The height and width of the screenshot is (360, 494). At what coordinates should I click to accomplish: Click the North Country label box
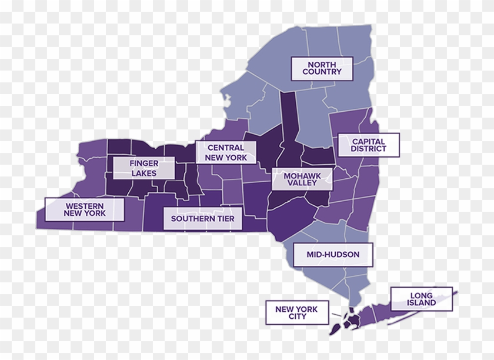[x=322, y=68]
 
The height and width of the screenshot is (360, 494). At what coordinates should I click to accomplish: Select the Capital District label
[x=369, y=145]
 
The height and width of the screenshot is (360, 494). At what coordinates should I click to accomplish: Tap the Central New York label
[x=226, y=152]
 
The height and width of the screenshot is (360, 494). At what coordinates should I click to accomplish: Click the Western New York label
[x=85, y=209]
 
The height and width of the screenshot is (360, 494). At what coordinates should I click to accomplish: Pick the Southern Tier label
[x=202, y=219]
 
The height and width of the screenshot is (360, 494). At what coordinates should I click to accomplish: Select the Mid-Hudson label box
[x=332, y=255]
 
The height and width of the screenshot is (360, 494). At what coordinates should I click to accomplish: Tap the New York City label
[x=298, y=312]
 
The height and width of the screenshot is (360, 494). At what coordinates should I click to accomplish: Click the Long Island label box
[x=422, y=299]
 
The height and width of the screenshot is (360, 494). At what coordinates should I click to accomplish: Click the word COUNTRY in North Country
[x=322, y=72]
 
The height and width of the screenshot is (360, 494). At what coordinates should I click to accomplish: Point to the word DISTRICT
[x=369, y=149]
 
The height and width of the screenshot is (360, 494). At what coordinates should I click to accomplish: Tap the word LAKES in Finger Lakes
[x=144, y=173]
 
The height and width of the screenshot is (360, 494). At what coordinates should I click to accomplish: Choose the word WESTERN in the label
[x=85, y=205]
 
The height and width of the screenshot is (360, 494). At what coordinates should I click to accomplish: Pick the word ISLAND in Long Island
[x=422, y=303]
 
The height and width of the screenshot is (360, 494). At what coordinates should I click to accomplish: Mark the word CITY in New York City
[x=298, y=316]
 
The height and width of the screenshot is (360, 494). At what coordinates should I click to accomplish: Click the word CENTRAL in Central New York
[x=226, y=148]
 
